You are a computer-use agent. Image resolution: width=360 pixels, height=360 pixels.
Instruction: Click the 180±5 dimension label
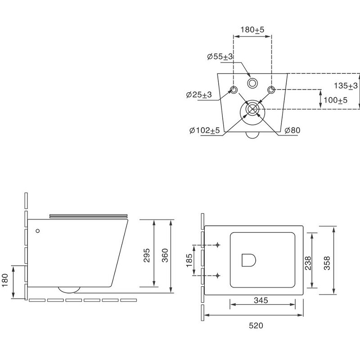(x=252, y=30)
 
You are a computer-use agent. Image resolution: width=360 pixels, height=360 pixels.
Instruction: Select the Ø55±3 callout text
(x=220, y=57)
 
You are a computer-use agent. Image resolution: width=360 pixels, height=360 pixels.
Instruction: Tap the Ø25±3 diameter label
(x=199, y=94)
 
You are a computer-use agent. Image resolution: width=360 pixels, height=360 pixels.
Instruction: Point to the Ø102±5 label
(x=205, y=130)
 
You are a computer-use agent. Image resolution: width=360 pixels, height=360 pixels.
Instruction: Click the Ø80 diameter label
(x=292, y=130)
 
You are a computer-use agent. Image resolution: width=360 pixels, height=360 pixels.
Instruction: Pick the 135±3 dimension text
(x=346, y=85)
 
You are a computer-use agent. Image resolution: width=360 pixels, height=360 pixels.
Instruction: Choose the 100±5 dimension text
(x=335, y=100)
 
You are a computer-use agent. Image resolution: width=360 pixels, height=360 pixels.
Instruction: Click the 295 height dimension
(x=147, y=255)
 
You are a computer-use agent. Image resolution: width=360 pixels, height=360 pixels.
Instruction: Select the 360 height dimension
(x=165, y=255)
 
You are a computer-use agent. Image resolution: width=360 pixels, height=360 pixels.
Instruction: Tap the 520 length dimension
(x=256, y=325)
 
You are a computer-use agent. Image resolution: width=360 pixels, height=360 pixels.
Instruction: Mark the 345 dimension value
(x=261, y=300)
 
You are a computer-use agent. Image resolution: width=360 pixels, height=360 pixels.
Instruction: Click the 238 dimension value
(x=308, y=263)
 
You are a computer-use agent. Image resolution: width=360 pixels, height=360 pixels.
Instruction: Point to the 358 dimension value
(x=327, y=263)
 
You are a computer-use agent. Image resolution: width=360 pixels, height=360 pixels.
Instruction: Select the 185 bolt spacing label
(x=189, y=260)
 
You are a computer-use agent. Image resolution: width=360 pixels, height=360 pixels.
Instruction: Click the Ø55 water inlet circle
(x=252, y=83)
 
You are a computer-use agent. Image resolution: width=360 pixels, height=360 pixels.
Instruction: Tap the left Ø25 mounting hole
(x=234, y=90)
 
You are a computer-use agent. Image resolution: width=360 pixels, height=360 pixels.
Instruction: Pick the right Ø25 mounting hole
(x=271, y=90)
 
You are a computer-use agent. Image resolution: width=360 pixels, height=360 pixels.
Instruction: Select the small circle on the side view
(x=38, y=231)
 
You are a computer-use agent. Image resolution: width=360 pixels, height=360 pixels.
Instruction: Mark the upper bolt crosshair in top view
(x=218, y=245)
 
